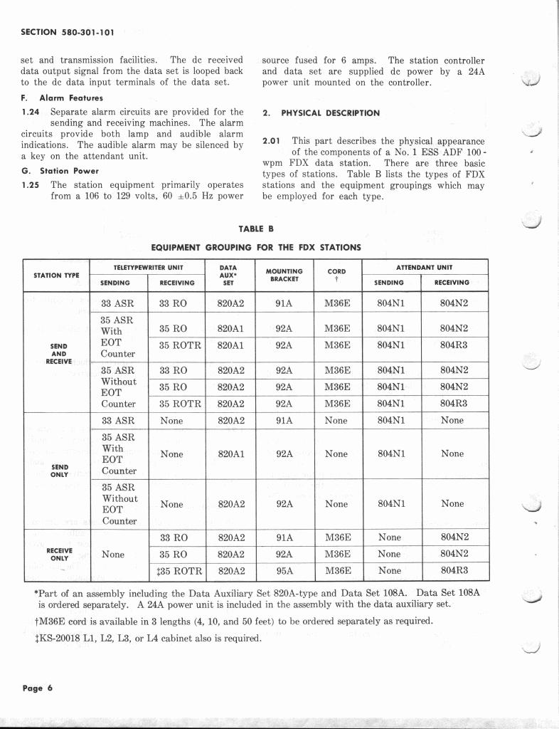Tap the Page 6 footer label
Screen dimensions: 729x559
[x=38, y=688]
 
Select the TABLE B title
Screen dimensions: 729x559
[x=256, y=229]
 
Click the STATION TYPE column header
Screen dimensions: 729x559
[x=57, y=275]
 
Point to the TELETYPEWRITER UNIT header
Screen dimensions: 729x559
[x=149, y=267]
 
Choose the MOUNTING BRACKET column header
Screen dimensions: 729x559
[x=284, y=275]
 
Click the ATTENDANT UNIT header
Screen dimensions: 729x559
[x=425, y=267]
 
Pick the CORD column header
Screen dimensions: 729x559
[x=336, y=274]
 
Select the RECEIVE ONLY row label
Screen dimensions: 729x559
[x=59, y=554]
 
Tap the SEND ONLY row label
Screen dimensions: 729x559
[x=60, y=471]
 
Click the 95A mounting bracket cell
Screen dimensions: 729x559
[x=284, y=570]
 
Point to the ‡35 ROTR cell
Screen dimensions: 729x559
[x=179, y=570]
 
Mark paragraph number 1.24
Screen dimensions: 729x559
[x=32, y=112]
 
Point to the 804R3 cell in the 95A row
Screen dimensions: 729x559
[x=452, y=570]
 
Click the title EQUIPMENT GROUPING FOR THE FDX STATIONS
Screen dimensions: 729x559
[x=256, y=247]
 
